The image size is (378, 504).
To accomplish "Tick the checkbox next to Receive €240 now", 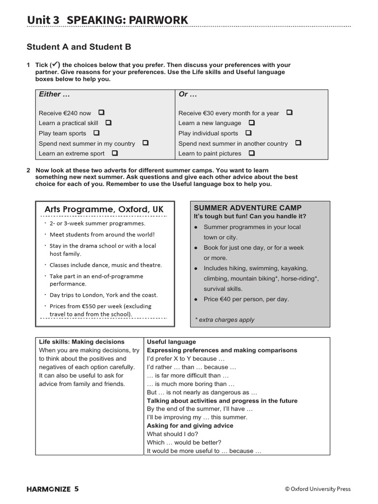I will click(101, 113).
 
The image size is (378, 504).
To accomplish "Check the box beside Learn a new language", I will click(252, 123).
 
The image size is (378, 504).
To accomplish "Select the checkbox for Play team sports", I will click(96, 133).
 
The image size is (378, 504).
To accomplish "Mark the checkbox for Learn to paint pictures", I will click(252, 153).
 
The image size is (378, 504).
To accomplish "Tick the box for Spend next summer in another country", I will click(298, 143).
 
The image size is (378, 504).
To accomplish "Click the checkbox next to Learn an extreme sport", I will click(115, 153).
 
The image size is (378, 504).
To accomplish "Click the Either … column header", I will click(54, 94).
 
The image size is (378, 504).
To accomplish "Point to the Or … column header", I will click(188, 94).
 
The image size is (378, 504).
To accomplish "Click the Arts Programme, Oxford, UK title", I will click(104, 209).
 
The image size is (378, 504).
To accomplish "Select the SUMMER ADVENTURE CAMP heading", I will click(248, 208).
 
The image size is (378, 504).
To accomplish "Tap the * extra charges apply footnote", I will click(224, 319).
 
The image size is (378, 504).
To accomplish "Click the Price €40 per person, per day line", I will click(246, 299).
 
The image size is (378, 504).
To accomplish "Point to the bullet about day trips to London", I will click(103, 295).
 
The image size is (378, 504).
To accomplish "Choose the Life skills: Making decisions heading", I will click(82, 342).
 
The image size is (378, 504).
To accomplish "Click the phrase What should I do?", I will click(172, 434).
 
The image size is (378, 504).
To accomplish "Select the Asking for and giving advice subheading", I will click(190, 425).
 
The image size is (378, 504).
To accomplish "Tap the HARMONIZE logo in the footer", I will click(48, 489).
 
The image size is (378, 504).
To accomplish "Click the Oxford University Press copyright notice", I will click(317, 489).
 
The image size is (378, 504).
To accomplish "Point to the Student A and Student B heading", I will click(79, 47).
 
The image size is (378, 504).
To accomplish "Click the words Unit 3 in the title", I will click(43, 20).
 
